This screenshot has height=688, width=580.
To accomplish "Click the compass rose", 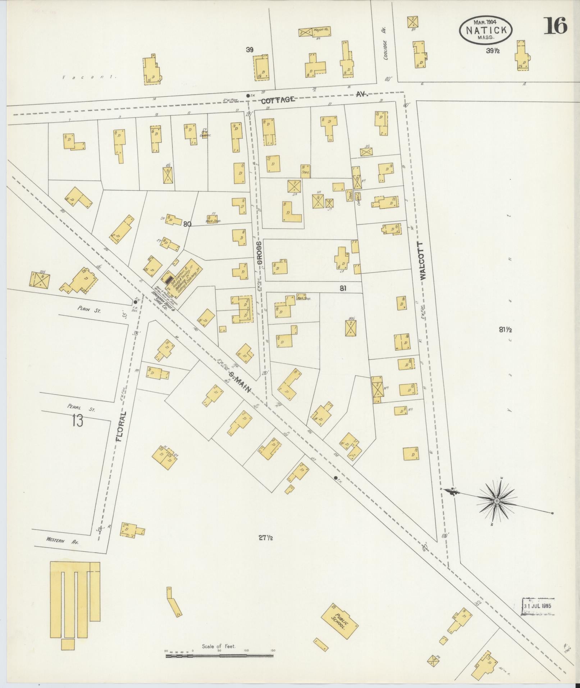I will [x=497, y=501].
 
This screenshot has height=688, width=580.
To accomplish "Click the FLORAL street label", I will [x=122, y=427].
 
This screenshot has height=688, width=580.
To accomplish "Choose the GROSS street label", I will [x=259, y=252].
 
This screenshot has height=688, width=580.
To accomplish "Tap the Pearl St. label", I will [x=81, y=408].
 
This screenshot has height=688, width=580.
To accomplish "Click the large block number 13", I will [x=77, y=420].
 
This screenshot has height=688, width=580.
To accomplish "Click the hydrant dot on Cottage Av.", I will [x=247, y=96].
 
